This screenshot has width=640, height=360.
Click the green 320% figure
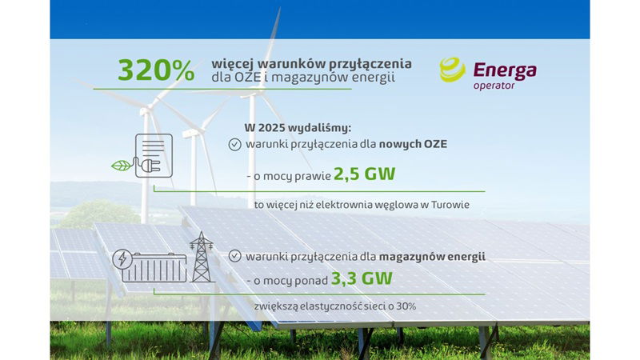156,70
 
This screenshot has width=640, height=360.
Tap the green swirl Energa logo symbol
452,70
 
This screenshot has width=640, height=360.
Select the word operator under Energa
494,86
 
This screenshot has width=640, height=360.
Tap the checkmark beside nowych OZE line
234,145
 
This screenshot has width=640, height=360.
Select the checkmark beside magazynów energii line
234,257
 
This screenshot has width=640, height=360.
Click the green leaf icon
121,166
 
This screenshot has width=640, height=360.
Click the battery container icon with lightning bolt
151,262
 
